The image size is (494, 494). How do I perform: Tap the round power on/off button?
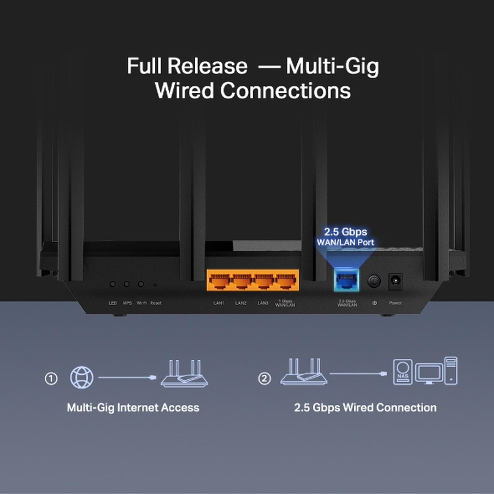(x=374, y=281)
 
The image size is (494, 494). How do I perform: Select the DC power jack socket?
(x=395, y=281)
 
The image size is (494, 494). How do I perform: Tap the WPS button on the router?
(x=126, y=284)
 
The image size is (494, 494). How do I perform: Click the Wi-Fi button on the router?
(x=141, y=284)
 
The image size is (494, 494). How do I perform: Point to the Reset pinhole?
(x=155, y=284)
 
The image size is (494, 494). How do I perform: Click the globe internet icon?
(x=82, y=377)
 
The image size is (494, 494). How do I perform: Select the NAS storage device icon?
(x=403, y=372)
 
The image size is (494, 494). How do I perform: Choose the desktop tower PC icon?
(x=451, y=371)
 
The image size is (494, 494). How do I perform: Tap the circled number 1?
(x=51, y=378)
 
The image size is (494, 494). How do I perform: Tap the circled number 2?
(x=264, y=378)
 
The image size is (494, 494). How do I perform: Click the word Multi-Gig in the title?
(x=332, y=66)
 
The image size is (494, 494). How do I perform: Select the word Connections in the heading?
(x=285, y=90)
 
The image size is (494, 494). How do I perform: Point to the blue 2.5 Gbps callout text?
(x=346, y=232)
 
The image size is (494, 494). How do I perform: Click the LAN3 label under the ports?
(x=263, y=303)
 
